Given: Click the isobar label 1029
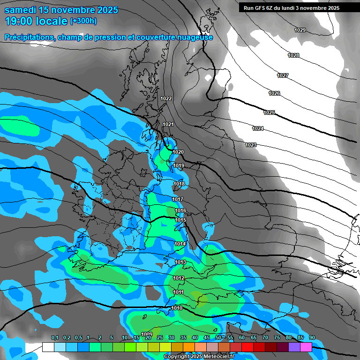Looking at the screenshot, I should (300, 30).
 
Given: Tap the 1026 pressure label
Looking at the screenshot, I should (274, 94).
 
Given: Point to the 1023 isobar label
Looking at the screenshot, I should (251, 145).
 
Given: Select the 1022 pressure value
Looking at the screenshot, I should (166, 98).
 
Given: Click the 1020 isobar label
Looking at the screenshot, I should (178, 152).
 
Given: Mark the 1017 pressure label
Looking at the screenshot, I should (177, 200).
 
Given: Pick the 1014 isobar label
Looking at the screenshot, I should (180, 244).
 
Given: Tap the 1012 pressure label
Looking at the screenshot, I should (178, 278).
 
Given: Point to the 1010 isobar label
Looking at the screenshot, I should (177, 308).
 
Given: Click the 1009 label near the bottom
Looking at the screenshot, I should (147, 334).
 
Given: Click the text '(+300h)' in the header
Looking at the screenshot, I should (84, 21).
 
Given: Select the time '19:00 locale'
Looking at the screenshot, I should (36, 21).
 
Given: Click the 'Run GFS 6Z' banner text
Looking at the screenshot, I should (262, 8).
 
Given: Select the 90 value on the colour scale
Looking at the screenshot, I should (312, 338).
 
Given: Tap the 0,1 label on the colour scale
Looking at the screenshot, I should (55, 338).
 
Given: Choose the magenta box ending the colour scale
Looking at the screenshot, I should (306, 347).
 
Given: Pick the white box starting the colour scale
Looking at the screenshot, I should (48, 347).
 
